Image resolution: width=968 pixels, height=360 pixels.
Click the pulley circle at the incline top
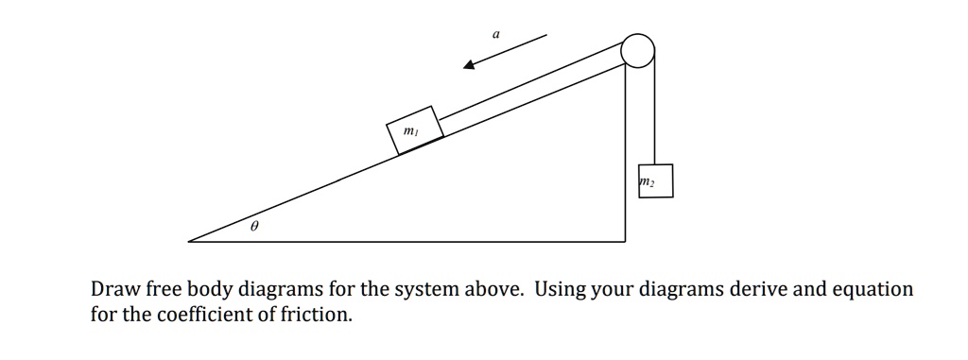(638, 51)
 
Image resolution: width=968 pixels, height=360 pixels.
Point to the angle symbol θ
(254, 228)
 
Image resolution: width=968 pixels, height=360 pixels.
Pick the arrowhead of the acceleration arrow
(469, 65)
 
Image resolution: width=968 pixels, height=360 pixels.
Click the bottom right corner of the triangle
(625, 241)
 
